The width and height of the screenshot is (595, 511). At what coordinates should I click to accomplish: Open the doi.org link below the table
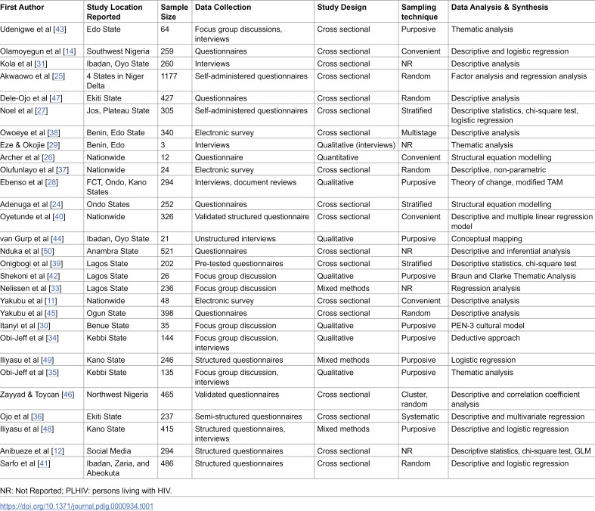[x=76, y=506]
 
